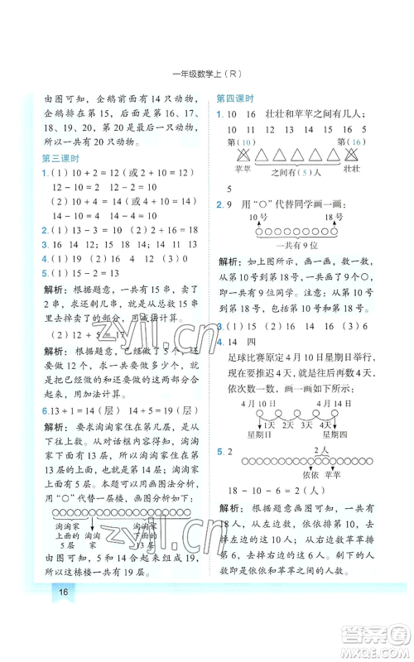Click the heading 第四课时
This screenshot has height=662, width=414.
234,98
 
